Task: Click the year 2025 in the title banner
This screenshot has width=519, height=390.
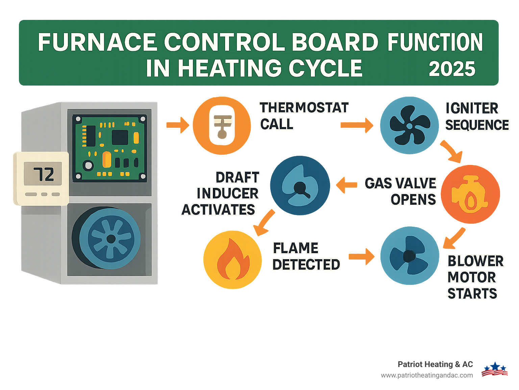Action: coord(452,69)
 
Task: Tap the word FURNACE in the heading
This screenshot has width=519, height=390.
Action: coord(97,42)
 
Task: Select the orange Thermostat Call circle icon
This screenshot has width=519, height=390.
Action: coord(222,126)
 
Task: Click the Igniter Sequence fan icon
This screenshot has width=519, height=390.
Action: coord(409,126)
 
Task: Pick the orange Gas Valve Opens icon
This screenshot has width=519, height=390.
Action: coord(470,194)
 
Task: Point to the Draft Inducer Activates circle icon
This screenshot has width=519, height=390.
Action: coord(300,186)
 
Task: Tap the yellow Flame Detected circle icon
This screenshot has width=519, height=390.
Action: coord(232,260)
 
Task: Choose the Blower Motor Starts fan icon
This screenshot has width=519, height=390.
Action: coord(410,256)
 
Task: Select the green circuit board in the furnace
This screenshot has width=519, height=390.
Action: coord(109,148)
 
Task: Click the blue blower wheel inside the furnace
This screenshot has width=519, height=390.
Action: coord(110,239)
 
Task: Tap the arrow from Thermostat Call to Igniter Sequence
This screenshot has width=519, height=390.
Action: coord(356,125)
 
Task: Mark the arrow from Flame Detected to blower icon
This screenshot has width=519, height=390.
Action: coord(361,257)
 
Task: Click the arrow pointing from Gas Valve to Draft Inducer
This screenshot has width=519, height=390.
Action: coord(347,185)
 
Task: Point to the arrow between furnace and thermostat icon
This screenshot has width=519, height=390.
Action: coord(178,125)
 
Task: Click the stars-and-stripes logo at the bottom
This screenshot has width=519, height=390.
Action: coord(495,369)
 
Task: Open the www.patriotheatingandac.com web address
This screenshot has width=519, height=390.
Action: coord(427,375)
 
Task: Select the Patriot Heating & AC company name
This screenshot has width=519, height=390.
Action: coord(435,364)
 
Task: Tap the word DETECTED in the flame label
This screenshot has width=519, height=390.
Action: coord(306,265)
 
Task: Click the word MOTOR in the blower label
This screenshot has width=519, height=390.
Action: coord(471,277)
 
